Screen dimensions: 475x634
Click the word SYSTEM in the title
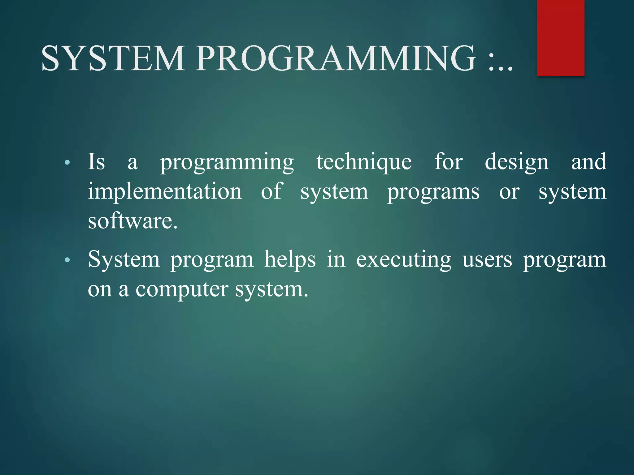click(x=113, y=58)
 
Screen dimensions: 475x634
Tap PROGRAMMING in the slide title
click(x=336, y=58)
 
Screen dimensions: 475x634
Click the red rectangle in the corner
click(x=560, y=38)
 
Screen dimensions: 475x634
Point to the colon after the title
click(x=492, y=63)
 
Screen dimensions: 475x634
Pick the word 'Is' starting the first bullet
click(x=96, y=161)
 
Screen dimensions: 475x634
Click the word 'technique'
click(x=364, y=163)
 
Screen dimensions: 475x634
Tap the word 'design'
click(x=516, y=163)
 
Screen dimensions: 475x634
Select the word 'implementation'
click(x=165, y=192)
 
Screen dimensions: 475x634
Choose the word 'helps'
click(x=290, y=260)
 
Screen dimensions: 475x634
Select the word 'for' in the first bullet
click(x=448, y=161)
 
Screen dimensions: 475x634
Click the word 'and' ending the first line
click(x=588, y=161)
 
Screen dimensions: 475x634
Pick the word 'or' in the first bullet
click(x=509, y=192)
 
